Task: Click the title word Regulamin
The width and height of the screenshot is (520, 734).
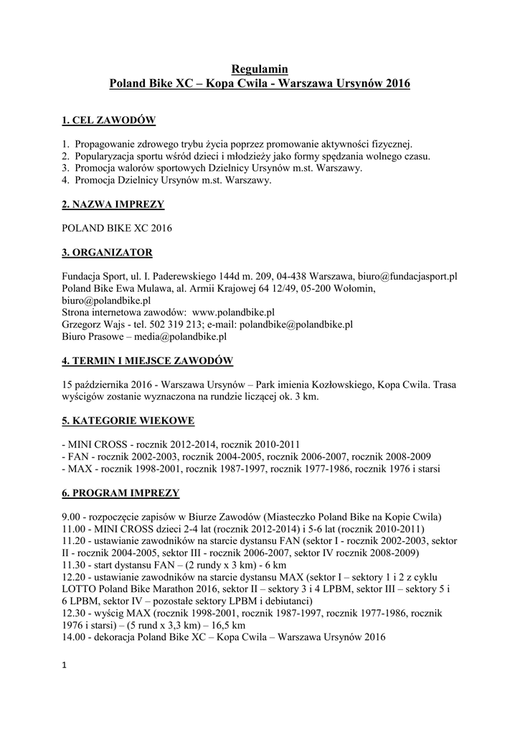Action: (x=260, y=69)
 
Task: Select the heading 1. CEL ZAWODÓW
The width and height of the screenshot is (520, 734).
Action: (x=109, y=120)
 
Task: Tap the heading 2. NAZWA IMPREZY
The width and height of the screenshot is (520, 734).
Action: (x=113, y=205)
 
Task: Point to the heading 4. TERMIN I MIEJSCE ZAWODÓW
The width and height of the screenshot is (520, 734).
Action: (x=147, y=360)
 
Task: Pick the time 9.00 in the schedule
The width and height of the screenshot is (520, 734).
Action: (x=71, y=517)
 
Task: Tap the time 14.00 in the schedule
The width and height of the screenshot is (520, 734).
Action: (x=74, y=637)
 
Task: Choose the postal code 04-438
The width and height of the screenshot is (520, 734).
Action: (x=288, y=276)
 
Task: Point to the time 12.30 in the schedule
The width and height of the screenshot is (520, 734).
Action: (x=74, y=613)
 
